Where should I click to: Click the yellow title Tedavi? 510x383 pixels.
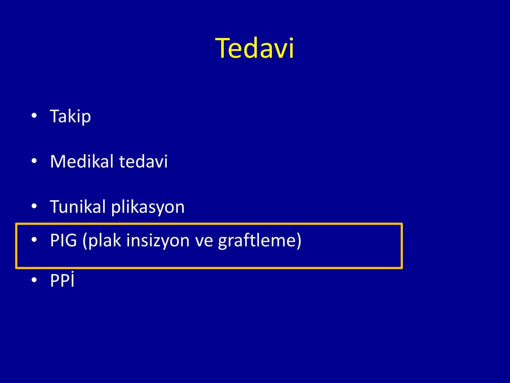[x=255, y=48]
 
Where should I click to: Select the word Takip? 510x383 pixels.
[x=70, y=116]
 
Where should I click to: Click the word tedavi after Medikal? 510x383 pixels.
[x=143, y=161]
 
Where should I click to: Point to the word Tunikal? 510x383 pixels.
[x=78, y=206]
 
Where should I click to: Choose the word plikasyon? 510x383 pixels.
[x=148, y=207]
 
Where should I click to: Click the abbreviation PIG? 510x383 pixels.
[x=63, y=240]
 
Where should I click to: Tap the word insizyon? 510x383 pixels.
[x=158, y=240]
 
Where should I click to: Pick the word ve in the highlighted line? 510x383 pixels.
[x=204, y=242]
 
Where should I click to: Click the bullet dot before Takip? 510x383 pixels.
[x=34, y=115]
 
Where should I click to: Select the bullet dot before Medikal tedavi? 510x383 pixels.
[x=34, y=161]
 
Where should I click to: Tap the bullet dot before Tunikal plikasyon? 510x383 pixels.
[x=34, y=206]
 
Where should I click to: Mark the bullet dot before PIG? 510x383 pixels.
[x=34, y=239]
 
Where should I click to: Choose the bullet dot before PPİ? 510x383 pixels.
[x=34, y=280]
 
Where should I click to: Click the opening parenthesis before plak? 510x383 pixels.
[x=85, y=241]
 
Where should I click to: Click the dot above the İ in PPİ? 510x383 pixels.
[x=73, y=272]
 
